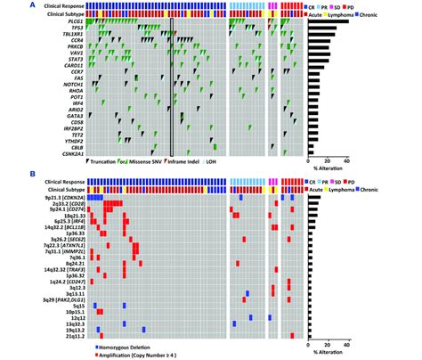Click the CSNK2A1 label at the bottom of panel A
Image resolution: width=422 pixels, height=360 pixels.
coord(71,156)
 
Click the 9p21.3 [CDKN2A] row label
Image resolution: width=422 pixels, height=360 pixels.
coord(61,200)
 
